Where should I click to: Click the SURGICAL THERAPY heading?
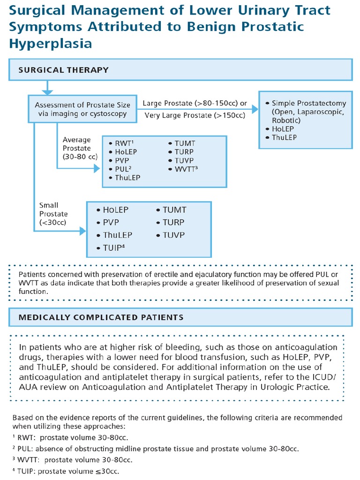pos(63,70)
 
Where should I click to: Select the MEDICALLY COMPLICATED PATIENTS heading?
pos(101,317)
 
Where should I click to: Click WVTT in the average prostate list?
pos(183,169)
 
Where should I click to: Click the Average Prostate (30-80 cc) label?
pos(77,148)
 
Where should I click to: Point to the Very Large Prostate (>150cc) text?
pos(195,115)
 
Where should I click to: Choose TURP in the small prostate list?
pos(173,222)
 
